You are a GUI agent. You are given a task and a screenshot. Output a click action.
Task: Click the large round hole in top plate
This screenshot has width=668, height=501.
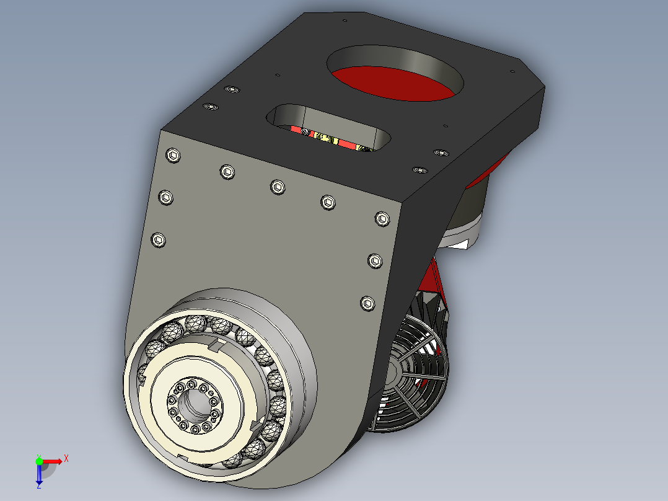pyautogui.click(x=395, y=72)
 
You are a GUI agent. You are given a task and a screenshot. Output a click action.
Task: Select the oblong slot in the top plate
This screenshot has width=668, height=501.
pyautogui.click(x=332, y=126)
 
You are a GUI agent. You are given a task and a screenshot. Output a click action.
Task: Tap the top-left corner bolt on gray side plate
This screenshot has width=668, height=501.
pyautogui.click(x=173, y=155)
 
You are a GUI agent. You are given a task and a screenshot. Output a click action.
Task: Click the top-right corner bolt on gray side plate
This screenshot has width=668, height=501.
pyautogui.click(x=382, y=218)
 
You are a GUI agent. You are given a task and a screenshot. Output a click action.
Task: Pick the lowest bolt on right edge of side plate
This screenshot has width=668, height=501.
pyautogui.click(x=367, y=303)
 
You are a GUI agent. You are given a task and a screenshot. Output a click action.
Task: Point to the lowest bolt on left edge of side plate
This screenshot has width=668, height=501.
pyautogui.click(x=160, y=240)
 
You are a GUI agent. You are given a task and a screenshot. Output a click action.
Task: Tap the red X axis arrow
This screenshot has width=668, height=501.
pyautogui.click(x=56, y=460)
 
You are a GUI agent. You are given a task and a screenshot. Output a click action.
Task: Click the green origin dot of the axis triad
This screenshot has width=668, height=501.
pyautogui.click(x=39, y=461)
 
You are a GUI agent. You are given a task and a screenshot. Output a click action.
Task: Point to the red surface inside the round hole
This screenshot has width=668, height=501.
pyautogui.click(x=397, y=84)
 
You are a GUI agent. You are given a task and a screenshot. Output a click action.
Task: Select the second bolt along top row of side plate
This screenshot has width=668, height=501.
pyautogui.click(x=227, y=172)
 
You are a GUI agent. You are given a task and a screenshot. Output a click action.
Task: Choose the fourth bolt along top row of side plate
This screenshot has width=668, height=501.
pyautogui.click(x=328, y=202)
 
